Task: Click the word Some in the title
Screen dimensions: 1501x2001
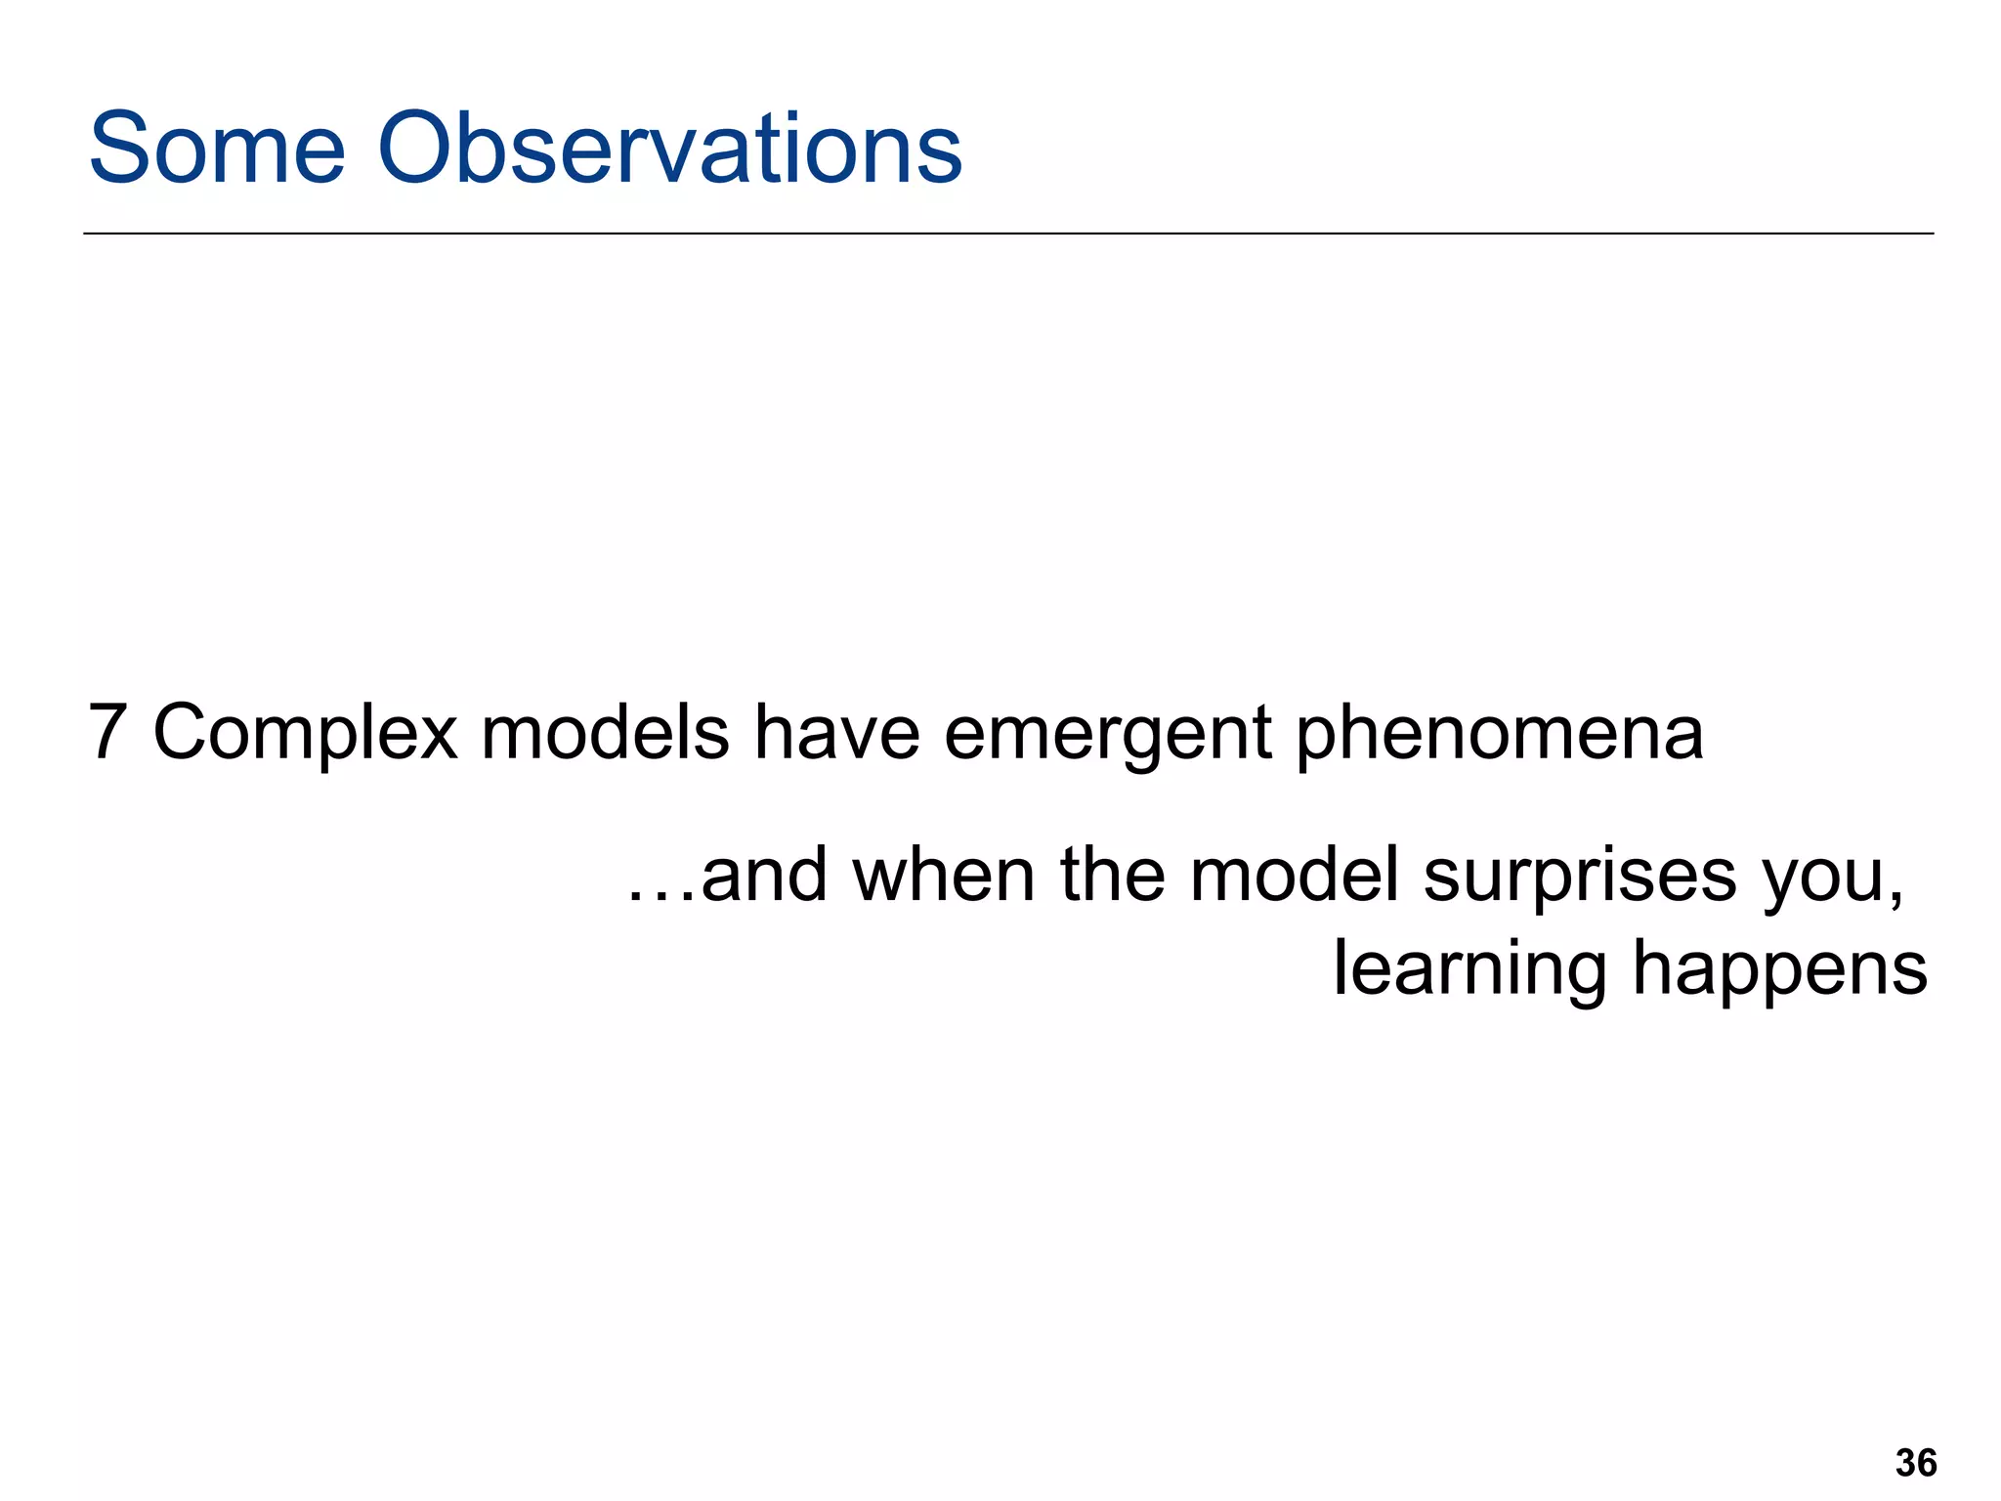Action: click(217, 149)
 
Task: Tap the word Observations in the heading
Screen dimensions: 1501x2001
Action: click(670, 149)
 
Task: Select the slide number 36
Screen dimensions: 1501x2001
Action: click(1916, 1463)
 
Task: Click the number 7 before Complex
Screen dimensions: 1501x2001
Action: click(107, 732)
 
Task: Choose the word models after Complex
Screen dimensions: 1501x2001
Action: click(605, 732)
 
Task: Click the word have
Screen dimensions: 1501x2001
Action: click(836, 732)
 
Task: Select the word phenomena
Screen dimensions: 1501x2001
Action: click(1500, 736)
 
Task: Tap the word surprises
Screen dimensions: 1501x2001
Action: click(1580, 879)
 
